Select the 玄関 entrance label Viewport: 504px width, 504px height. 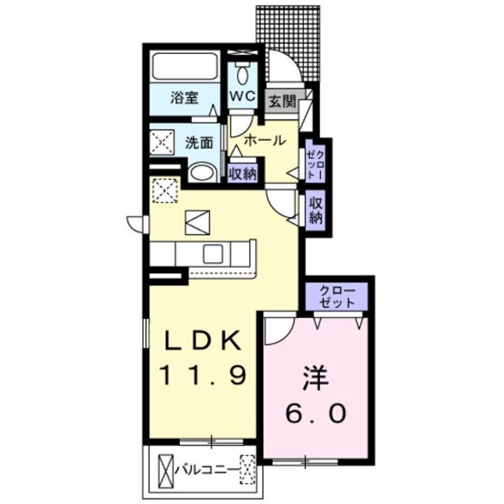[x=281, y=101]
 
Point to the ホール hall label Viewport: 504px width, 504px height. [x=264, y=140]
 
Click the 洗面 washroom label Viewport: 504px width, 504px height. [x=199, y=143]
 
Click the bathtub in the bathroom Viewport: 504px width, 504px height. [x=185, y=69]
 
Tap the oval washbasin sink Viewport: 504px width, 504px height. [x=203, y=173]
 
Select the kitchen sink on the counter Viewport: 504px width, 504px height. [x=212, y=253]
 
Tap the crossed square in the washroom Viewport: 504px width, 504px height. [x=162, y=143]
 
